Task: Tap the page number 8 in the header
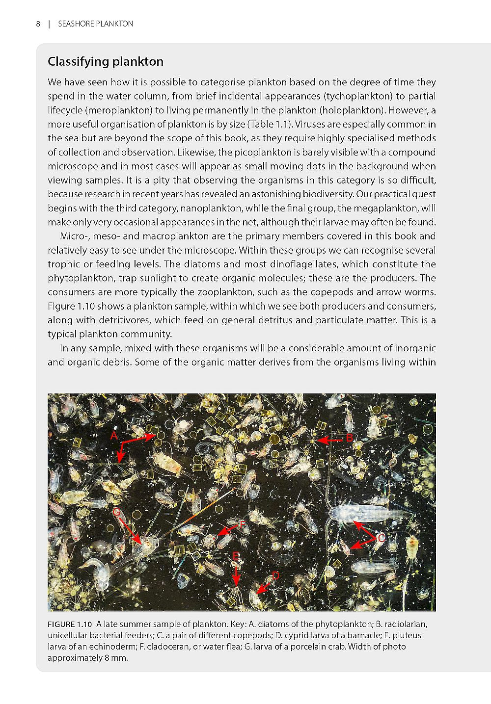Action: [x=38, y=24]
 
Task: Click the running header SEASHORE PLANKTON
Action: [x=95, y=24]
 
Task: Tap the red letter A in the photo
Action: [x=113, y=436]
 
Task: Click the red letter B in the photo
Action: [x=349, y=438]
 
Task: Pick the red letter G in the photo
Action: [x=116, y=512]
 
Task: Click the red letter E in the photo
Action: [x=236, y=556]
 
